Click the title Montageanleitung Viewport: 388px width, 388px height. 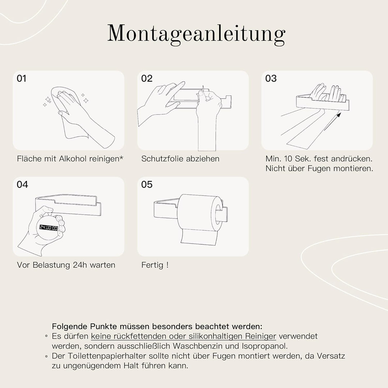point(196,34)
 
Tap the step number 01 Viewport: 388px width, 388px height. point(22,78)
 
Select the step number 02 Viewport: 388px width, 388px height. point(147,78)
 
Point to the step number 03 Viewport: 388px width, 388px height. point(271,78)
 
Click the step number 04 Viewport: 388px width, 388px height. point(22,185)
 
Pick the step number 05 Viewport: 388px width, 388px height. point(147,185)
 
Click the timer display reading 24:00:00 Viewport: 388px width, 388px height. point(49,227)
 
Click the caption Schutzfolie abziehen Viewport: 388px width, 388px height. point(180,158)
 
